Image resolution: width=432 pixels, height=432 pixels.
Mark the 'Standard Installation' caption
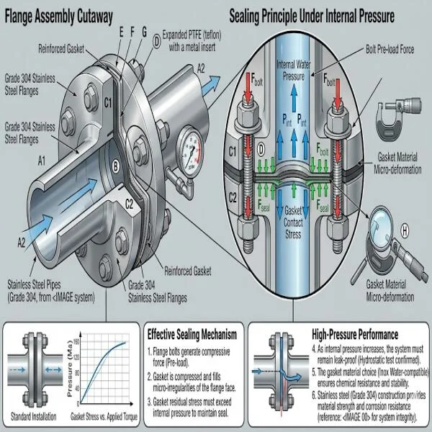(x=37, y=415)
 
